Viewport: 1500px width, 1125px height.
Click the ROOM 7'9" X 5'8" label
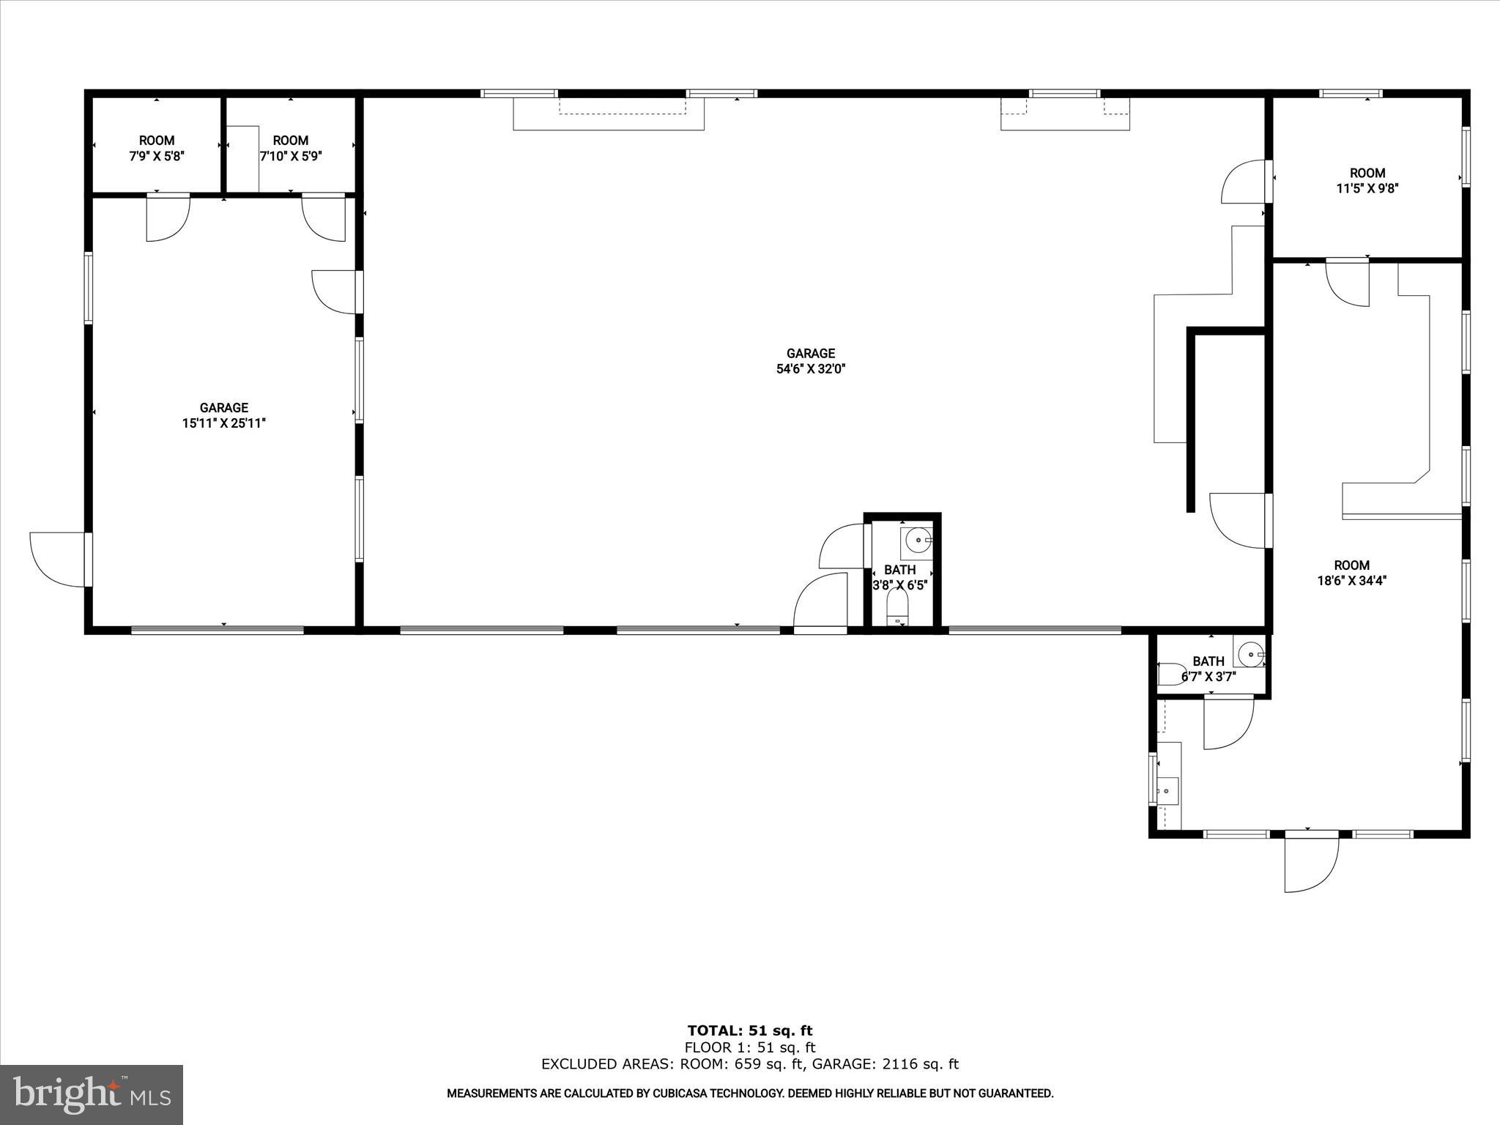[x=157, y=148]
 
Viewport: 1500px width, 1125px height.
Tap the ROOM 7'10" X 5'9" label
[x=291, y=148]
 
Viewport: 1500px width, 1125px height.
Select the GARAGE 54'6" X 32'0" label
[x=811, y=361]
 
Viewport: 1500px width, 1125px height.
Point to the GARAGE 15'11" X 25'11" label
[x=223, y=415]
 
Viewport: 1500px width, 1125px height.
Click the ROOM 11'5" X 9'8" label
[x=1367, y=180]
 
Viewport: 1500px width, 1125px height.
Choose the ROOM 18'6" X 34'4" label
[x=1351, y=573]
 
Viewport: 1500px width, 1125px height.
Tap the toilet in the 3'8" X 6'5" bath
[x=897, y=607]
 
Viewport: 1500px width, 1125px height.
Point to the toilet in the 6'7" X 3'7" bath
[x=1170, y=674]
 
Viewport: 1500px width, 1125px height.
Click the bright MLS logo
[x=92, y=1094]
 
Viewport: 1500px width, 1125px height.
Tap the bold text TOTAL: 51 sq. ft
[x=750, y=1031]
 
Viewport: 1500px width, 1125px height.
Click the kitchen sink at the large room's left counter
[x=1167, y=792]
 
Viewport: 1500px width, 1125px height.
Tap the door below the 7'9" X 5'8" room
[x=168, y=218]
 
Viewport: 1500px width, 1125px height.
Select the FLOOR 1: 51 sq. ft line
[x=750, y=1048]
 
